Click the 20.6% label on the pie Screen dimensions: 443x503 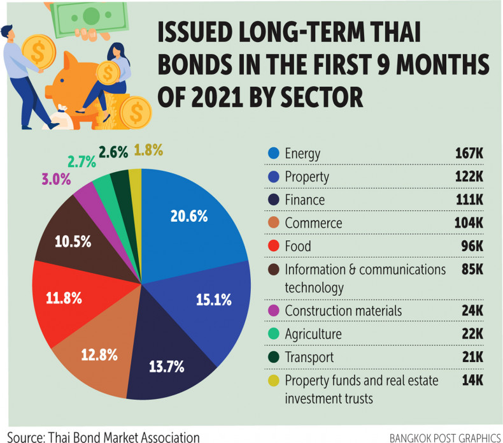click(x=189, y=216)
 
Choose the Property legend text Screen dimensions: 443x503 click(x=308, y=177)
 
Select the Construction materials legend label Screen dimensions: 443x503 click(x=351, y=310)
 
